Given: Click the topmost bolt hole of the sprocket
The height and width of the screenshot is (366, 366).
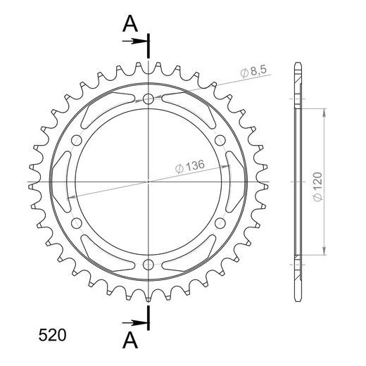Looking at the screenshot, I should (x=149, y=99).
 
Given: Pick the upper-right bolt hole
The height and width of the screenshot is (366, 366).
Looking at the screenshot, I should (x=220, y=141).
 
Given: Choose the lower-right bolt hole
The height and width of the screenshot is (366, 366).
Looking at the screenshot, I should (x=220, y=223).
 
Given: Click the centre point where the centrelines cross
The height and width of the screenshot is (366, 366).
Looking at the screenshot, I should (x=149, y=182).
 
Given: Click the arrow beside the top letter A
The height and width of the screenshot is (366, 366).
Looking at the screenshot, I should (x=134, y=42).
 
